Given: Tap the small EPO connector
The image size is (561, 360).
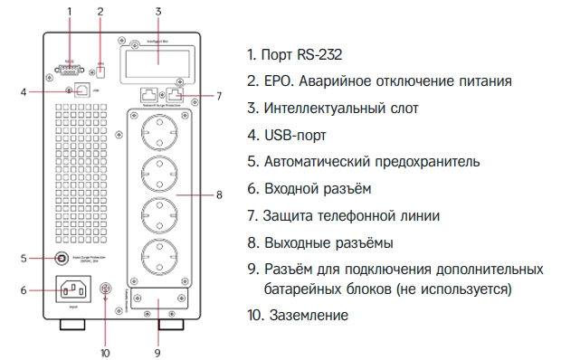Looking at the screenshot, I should point(100,68).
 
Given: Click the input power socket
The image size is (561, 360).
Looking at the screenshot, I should point(77,291).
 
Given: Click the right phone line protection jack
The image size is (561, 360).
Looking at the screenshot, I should point(176,93).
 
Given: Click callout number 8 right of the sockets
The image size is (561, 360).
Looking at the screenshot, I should point(218,194).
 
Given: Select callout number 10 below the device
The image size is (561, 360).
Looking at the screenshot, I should point(105,352).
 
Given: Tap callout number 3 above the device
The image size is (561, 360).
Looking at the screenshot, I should point(158,11).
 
